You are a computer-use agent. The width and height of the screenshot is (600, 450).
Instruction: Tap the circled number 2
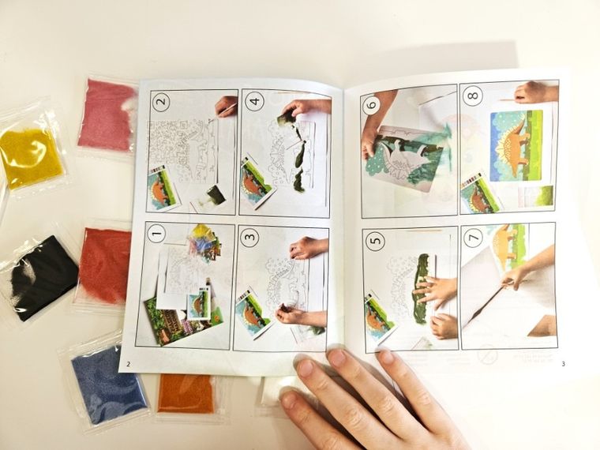[x=162, y=102]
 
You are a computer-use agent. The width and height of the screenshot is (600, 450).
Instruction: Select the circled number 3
[x=249, y=237]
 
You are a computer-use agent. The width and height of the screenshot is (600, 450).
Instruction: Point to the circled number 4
[x=254, y=101]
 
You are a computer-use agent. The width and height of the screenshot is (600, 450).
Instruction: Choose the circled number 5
[x=375, y=240]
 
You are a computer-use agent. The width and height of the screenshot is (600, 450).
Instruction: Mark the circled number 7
[x=474, y=238]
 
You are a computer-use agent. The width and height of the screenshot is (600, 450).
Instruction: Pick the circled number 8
[x=473, y=95]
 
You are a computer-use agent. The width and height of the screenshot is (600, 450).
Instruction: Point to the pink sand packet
[x=107, y=114]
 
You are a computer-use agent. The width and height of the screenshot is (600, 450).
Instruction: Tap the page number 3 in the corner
[x=563, y=364]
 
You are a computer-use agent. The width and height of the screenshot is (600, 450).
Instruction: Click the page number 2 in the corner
[x=128, y=364]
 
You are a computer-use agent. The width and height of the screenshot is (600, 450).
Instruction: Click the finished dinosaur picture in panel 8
[x=516, y=145]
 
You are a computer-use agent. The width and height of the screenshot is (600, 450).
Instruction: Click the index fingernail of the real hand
[x=338, y=357]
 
